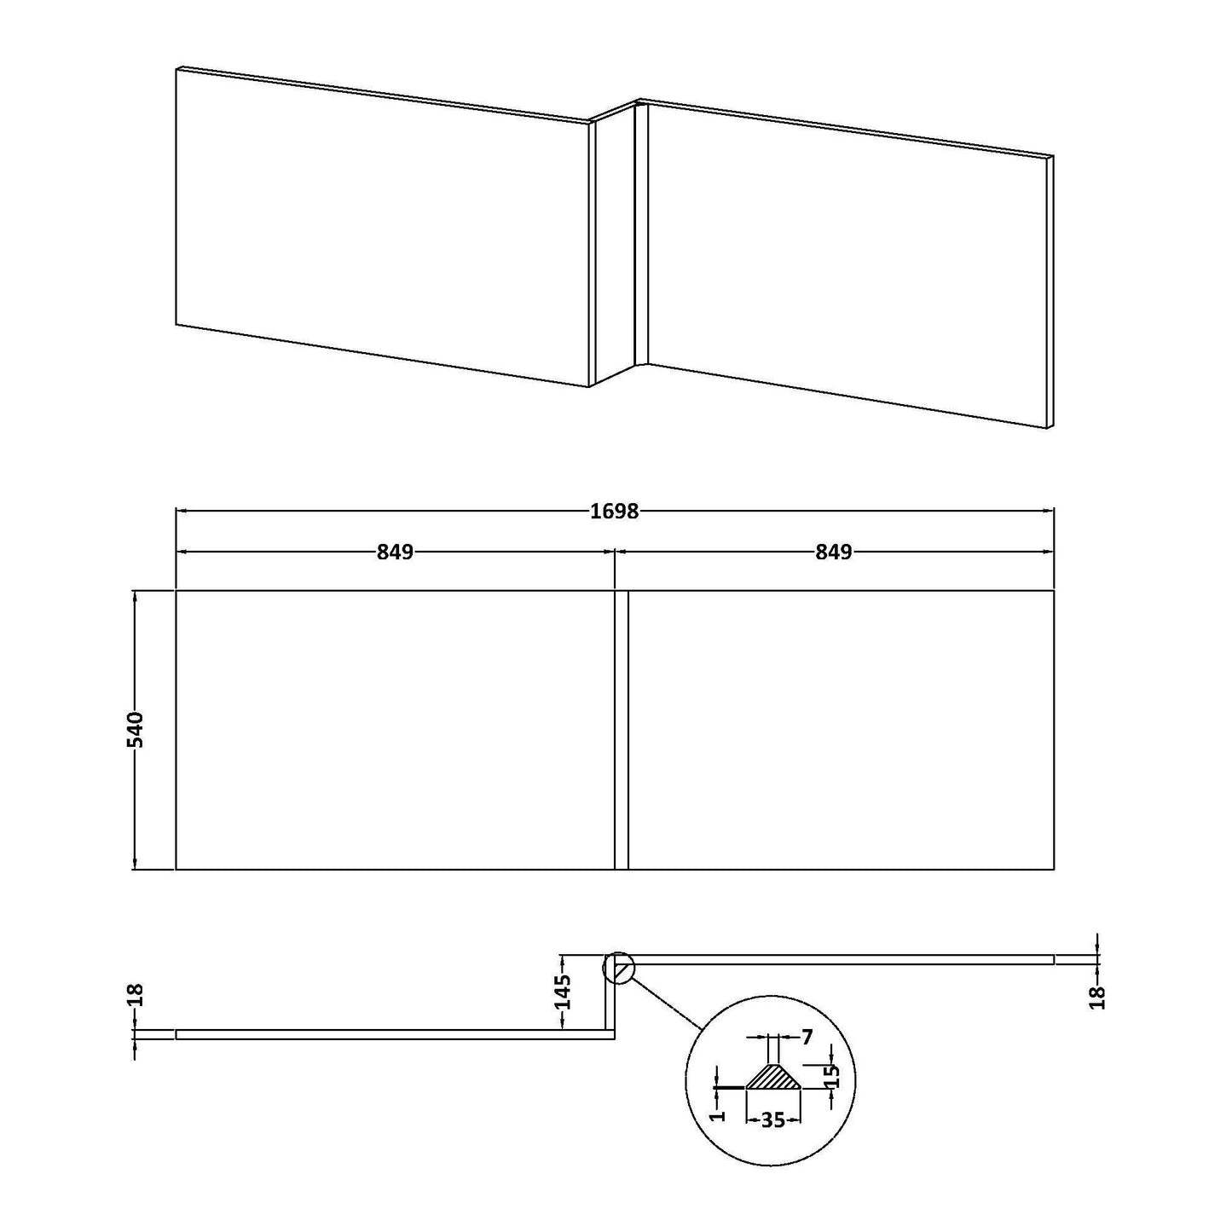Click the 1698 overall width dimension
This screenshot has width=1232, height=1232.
pyautogui.click(x=615, y=511)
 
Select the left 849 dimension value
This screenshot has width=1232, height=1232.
pyautogui.click(x=395, y=552)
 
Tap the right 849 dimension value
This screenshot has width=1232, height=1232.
pyautogui.click(x=834, y=552)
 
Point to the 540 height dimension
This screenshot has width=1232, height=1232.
pyautogui.click(x=136, y=730)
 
